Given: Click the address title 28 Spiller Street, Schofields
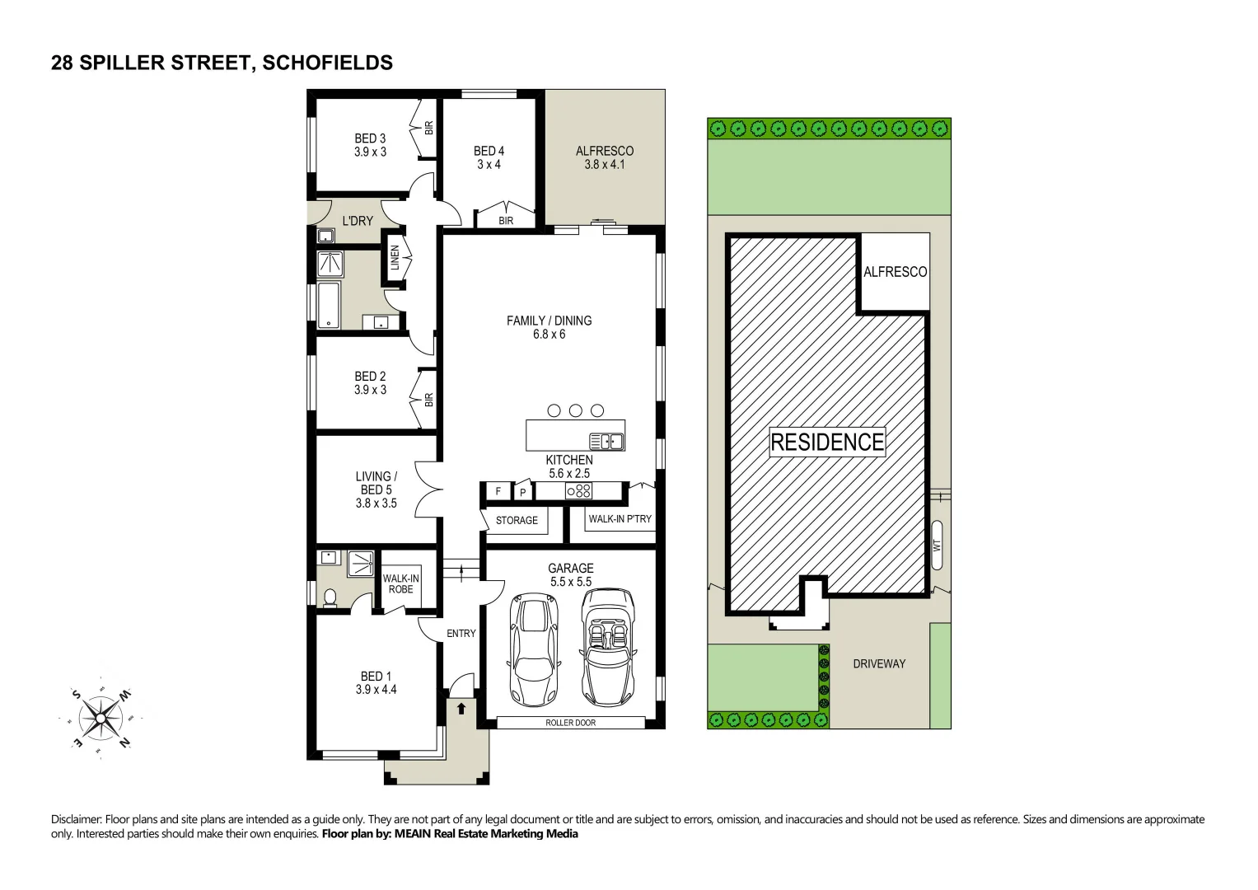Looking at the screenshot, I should (222, 63).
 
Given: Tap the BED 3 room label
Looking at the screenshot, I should (370, 145).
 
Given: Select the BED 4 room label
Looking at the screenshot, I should (489, 157).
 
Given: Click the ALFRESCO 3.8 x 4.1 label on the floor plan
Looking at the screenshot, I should (605, 157).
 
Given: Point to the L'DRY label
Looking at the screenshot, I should (358, 221).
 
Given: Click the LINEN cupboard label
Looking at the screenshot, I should (395, 257).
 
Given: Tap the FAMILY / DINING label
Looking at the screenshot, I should (549, 327).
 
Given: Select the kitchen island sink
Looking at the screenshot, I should (606, 442).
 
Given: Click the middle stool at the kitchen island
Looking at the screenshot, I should (576, 410).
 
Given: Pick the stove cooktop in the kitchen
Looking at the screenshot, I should (578, 491).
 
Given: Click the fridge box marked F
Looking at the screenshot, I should (498, 492).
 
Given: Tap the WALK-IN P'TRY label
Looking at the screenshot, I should (620, 519).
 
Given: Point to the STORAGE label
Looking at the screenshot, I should (517, 521).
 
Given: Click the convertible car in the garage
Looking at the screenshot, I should (609, 646).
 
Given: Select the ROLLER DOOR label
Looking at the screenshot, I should (570, 723).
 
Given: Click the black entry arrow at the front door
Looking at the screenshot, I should (461, 708).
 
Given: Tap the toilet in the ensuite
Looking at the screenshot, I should (330, 597).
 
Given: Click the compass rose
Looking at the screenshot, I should (101, 717).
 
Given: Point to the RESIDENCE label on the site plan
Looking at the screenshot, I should (827, 443).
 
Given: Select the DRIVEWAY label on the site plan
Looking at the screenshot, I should (879, 664).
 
